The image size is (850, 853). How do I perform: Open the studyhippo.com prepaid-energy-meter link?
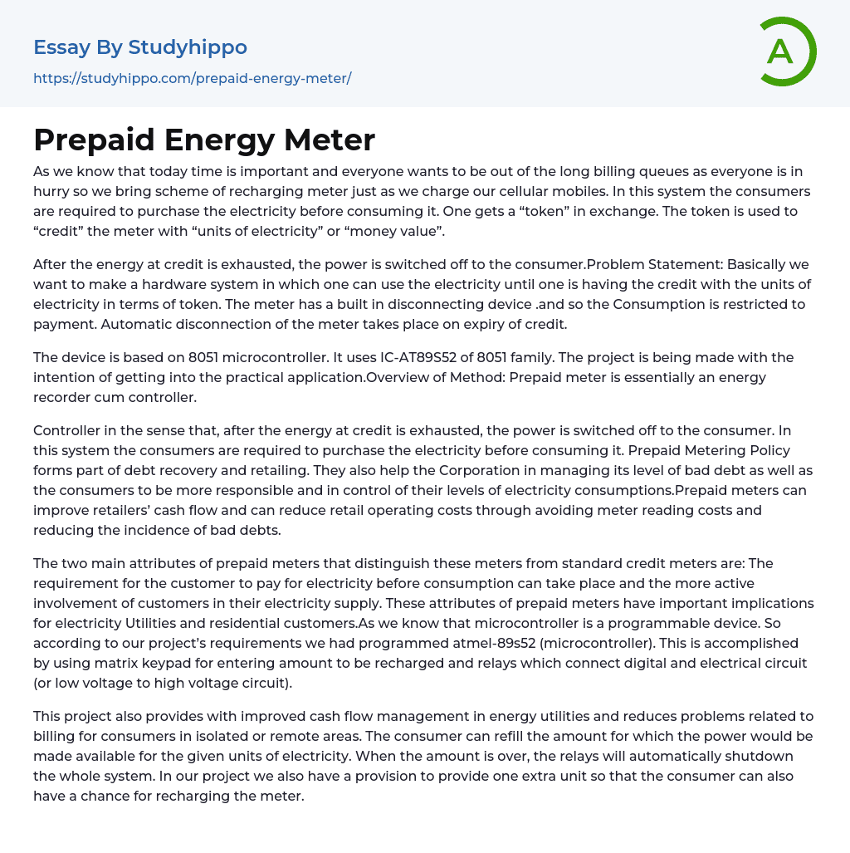click(x=192, y=78)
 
